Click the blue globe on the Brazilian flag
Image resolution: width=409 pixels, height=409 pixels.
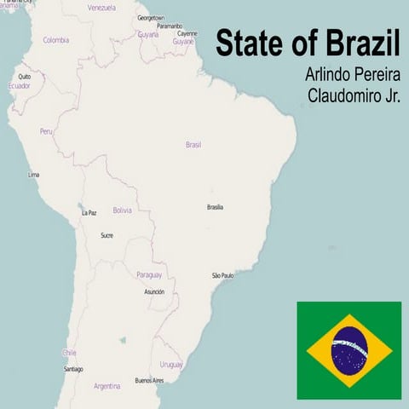(349, 350)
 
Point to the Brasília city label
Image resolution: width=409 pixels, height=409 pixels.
(216, 207)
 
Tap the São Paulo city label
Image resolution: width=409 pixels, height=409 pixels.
(222, 276)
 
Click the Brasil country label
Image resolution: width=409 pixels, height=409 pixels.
(193, 145)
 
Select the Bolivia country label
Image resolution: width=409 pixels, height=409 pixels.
(123, 210)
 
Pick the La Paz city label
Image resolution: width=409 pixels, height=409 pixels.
(89, 213)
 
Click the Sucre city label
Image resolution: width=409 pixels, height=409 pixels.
(107, 235)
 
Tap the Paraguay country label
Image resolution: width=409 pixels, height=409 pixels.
(148, 274)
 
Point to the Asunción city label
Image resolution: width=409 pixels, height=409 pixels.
(154, 291)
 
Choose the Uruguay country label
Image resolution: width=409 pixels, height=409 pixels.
(171, 364)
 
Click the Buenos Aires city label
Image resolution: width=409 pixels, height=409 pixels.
(149, 380)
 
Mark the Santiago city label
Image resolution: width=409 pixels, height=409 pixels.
(73, 369)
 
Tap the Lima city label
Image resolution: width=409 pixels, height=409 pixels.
(34, 175)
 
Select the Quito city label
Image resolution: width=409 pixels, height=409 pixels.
(25, 76)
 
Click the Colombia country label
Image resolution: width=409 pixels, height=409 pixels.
(56, 39)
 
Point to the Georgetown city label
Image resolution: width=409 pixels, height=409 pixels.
(152, 17)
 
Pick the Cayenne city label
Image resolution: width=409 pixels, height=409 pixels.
(187, 33)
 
